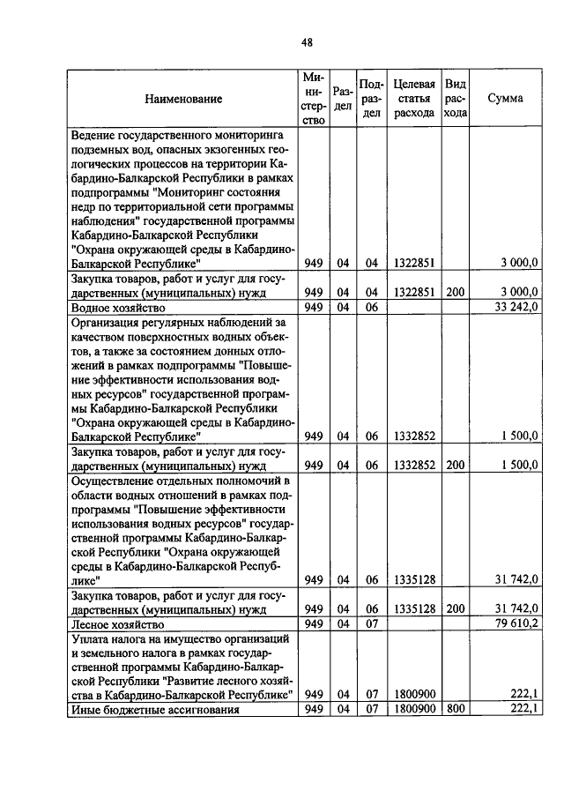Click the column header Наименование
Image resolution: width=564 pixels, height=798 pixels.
coord(183,99)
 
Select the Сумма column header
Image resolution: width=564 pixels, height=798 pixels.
coord(505,99)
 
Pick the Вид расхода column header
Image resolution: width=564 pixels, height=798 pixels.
coord(455,99)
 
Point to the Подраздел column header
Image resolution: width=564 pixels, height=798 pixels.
coord(371,99)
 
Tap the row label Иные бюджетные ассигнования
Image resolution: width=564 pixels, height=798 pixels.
coord(139,709)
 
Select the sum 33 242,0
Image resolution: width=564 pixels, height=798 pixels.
coord(517,308)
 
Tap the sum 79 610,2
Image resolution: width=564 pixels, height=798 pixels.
coord(517,624)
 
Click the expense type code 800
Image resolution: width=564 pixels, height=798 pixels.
coord(454,709)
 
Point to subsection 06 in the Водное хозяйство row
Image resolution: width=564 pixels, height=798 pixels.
coord(371,308)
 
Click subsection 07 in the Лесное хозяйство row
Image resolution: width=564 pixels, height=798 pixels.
coord(371,624)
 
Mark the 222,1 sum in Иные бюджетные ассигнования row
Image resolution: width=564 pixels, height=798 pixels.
coord(524,709)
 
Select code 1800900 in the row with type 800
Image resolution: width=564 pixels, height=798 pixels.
coord(412,709)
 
